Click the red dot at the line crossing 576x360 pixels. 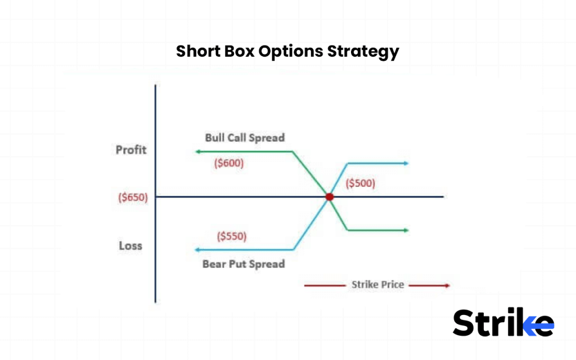tap(329, 197)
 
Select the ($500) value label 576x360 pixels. tap(360, 183)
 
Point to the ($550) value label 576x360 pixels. tap(232, 236)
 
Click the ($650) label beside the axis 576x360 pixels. tap(133, 197)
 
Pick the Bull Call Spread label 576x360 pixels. tap(245, 138)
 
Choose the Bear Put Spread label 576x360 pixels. tap(244, 264)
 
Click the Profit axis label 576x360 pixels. tap(130, 150)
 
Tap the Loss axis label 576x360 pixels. tap(130, 246)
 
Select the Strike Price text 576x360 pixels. tap(377, 285)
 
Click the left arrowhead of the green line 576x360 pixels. tap(197, 152)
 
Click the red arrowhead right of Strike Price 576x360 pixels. tap(447, 286)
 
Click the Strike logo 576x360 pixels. tap(503, 323)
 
